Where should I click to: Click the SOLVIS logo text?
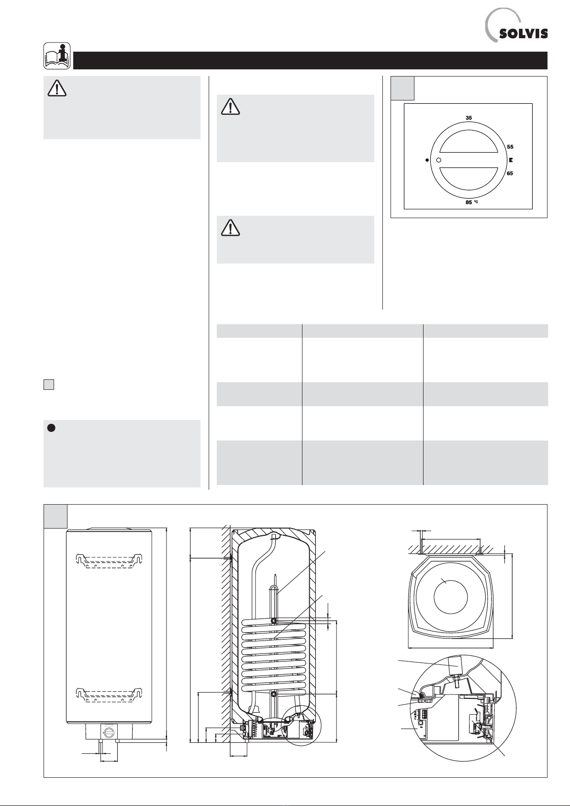(523, 33)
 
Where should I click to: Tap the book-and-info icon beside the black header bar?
(57, 56)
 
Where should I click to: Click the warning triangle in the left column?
(57, 88)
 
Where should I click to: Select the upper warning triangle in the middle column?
(231, 107)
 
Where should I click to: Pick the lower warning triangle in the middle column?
(231, 227)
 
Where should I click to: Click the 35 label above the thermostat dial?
(469, 118)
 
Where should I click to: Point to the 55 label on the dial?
(510, 147)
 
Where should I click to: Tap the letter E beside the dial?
(511, 160)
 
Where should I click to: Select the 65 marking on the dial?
(510, 173)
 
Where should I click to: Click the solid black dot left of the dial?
(427, 160)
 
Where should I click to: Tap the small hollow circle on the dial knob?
(438, 160)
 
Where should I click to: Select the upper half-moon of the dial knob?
(469, 142)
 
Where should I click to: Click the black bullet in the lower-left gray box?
(51, 428)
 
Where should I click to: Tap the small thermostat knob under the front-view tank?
(109, 731)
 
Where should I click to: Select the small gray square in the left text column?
(49, 385)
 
